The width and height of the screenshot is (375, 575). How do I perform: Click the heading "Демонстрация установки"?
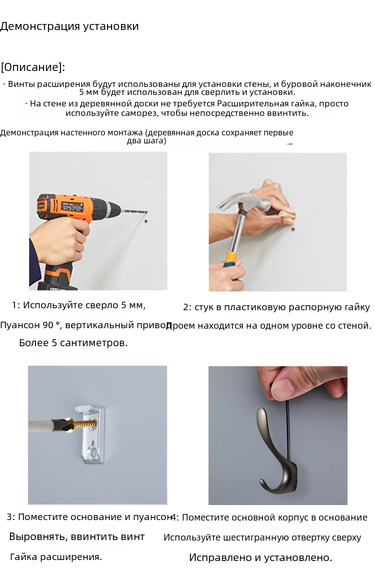click(x=69, y=26)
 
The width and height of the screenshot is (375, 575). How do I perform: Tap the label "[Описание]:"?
click(x=33, y=67)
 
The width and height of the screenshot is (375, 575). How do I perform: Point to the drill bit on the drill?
click(x=134, y=212)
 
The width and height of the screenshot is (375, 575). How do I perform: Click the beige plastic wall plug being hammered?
click(x=286, y=216)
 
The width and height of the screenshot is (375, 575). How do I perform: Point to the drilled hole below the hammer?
click(x=293, y=230)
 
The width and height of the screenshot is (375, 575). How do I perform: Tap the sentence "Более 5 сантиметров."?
click(x=73, y=343)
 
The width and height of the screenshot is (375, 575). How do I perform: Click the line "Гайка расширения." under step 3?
click(x=56, y=557)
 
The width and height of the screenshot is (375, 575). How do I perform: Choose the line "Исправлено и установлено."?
click(x=260, y=558)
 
